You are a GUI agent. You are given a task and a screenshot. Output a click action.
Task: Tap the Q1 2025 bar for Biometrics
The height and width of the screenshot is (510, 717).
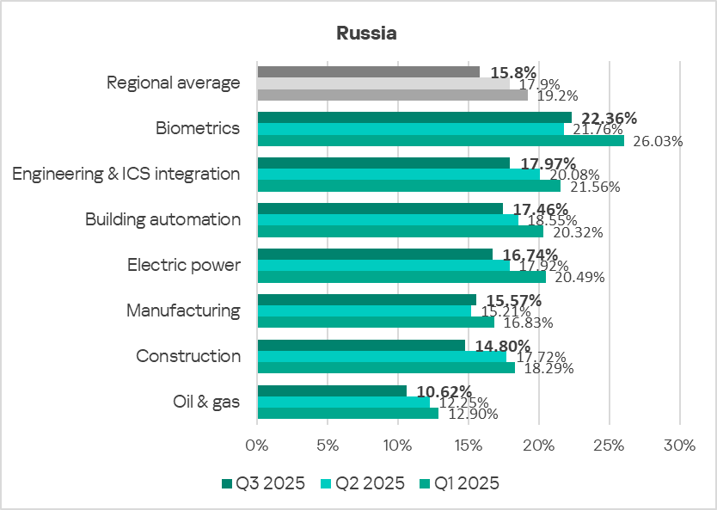(440, 140)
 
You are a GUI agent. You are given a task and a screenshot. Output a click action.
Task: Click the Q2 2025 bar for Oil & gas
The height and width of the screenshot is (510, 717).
(343, 402)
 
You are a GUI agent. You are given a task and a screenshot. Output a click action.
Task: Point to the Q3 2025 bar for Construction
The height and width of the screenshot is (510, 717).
(361, 345)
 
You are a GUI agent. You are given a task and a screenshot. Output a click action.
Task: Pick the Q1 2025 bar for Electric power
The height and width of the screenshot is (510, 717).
(401, 277)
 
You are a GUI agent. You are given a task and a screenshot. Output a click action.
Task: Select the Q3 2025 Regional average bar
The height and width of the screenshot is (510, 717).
(368, 71)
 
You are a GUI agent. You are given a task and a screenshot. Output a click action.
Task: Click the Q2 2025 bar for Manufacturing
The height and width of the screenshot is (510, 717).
(364, 310)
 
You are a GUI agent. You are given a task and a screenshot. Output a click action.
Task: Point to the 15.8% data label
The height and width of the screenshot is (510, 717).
(513, 72)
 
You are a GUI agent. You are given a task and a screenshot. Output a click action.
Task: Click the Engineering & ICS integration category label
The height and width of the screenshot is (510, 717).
(126, 174)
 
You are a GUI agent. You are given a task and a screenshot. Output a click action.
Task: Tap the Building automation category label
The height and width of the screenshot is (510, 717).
(162, 219)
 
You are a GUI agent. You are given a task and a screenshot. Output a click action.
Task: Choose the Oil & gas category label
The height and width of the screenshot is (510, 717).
(206, 402)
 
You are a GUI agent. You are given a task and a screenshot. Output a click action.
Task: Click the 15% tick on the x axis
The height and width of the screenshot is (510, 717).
(469, 445)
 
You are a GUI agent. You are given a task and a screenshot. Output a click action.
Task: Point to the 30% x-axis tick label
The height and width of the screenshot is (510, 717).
(679, 445)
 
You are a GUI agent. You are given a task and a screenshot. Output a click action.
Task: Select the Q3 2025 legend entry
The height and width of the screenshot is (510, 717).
(263, 483)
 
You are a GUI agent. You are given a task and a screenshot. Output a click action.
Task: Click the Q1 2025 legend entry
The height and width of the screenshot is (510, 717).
(457, 483)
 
